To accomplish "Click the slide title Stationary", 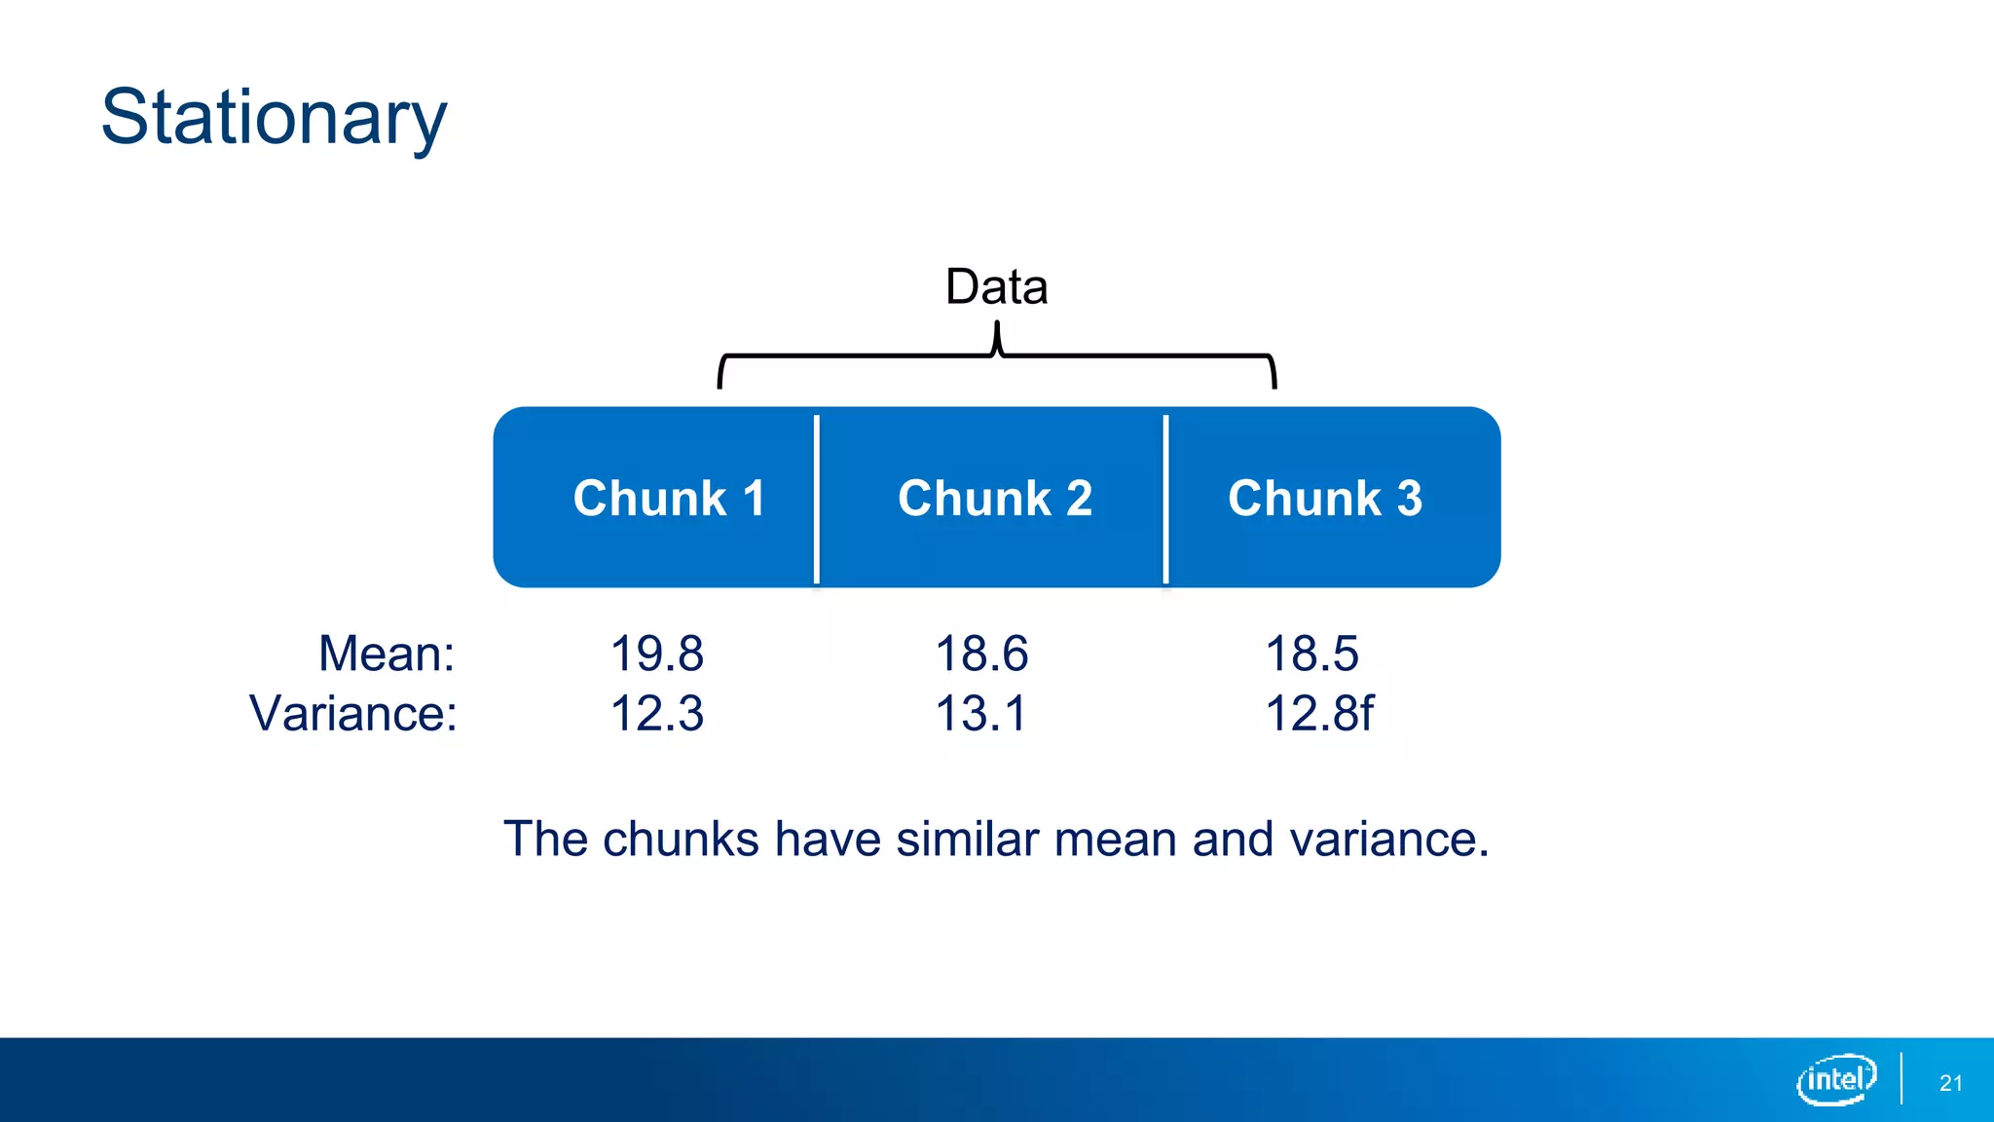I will click(274, 118).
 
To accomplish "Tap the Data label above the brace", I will click(996, 286).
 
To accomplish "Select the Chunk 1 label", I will click(669, 499).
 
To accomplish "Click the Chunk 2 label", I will click(995, 499).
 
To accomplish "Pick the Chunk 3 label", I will click(1325, 499).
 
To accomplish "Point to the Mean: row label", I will click(387, 654).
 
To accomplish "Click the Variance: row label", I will click(353, 713).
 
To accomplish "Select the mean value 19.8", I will click(656, 654).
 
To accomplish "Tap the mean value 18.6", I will click(981, 654).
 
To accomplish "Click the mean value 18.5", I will click(1311, 654).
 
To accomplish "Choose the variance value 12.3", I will click(656, 713).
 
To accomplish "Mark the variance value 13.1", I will click(981, 713).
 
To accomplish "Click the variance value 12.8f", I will click(1319, 713).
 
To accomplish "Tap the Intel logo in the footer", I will click(1836, 1079).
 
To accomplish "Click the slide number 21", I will click(1950, 1083).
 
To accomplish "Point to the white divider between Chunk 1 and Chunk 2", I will click(817, 499).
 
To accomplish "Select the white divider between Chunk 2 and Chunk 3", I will click(1165, 499).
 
